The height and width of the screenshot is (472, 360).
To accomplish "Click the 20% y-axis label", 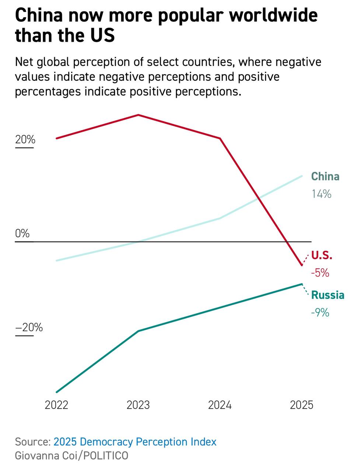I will tap(25, 140).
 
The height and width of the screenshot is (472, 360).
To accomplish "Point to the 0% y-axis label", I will tap(22, 233).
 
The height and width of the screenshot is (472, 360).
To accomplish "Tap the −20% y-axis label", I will tap(29, 327).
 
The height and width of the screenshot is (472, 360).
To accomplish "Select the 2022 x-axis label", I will tap(56, 405).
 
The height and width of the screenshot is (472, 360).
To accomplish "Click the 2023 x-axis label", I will tap(138, 405).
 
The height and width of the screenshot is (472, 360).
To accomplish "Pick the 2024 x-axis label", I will tap(220, 405).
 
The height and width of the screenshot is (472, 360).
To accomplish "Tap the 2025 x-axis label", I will tap(301, 405).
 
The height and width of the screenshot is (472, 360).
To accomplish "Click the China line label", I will tap(325, 177).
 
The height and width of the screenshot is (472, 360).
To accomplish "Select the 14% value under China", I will tap(321, 194).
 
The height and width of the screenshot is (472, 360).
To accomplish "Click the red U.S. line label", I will tap(322, 255).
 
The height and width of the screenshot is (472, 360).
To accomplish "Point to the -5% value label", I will tap(320, 273).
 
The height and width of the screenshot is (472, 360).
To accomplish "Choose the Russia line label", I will tap(328, 295).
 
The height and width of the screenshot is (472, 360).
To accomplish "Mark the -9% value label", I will tap(320, 313).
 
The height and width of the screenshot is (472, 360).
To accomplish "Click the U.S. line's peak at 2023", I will tap(138, 115).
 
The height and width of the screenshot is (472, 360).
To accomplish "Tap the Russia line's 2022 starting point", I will tap(57, 392).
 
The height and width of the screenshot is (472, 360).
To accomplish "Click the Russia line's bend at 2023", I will tap(138, 331).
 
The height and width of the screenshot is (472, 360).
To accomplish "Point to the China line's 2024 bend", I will tap(220, 218).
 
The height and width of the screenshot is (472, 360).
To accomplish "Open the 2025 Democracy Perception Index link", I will tap(135, 442).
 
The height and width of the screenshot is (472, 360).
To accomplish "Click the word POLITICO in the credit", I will tap(105, 456).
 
